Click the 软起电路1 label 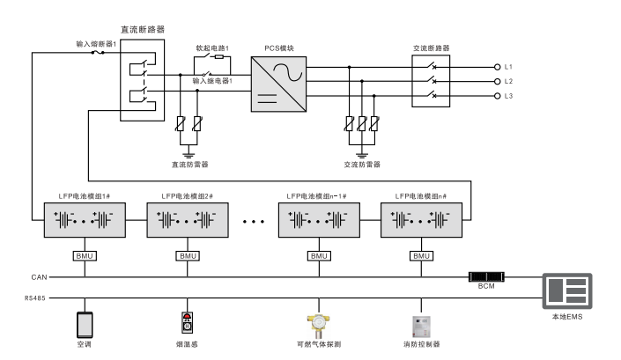click(x=212, y=47)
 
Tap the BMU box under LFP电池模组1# click(x=84, y=255)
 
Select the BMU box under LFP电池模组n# click(x=421, y=255)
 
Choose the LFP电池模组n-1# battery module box click(x=318, y=220)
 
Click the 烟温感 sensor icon click(x=187, y=323)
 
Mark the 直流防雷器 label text click(x=189, y=164)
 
